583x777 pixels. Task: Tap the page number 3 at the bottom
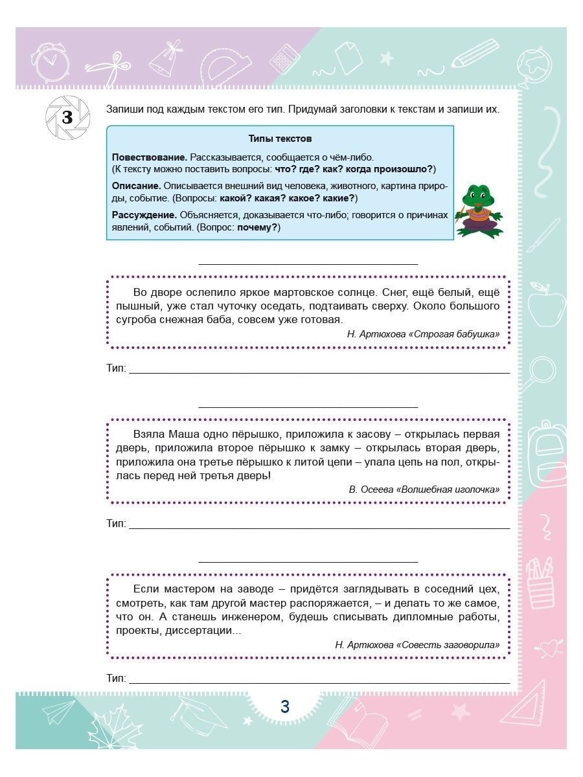point(285,706)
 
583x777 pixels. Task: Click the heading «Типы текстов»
point(280,139)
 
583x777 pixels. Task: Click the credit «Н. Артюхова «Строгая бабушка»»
point(423,334)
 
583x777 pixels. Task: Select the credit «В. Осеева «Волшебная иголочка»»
point(424,490)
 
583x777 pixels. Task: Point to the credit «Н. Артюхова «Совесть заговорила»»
point(417,645)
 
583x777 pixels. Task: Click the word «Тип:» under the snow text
point(117,368)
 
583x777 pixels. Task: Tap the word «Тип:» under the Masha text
point(117,524)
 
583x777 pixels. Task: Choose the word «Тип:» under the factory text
point(117,679)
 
